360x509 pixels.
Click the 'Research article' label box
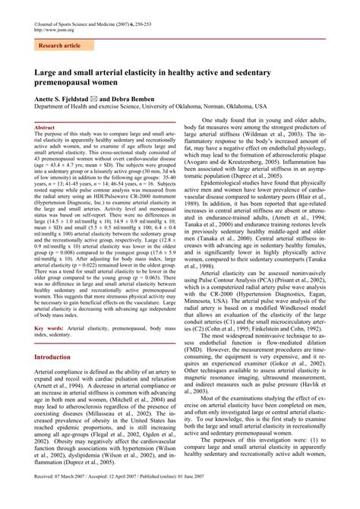point(58,46)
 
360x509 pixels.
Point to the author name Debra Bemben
point(156,99)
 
